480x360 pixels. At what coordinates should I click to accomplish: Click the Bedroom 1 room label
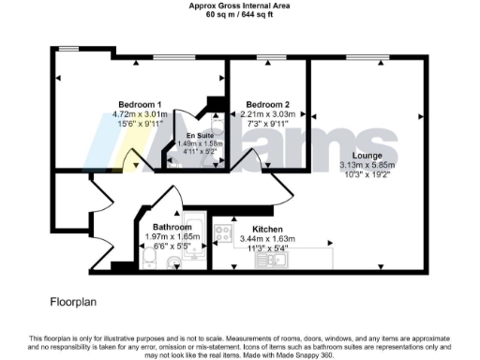tap(140, 103)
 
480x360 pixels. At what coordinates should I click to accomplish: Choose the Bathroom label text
tap(169, 228)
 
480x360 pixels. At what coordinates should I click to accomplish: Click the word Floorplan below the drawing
tap(74, 303)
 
